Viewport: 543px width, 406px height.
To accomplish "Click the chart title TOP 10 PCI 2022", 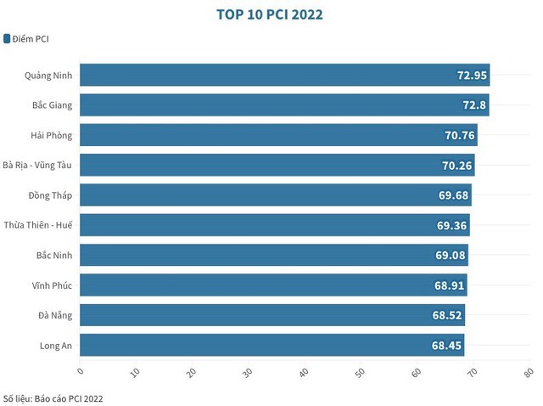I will click(271, 14).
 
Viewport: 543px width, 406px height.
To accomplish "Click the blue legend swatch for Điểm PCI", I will click(7, 38).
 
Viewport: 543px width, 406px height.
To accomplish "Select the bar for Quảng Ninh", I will click(284, 75).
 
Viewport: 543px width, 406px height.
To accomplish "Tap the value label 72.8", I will click(471, 105).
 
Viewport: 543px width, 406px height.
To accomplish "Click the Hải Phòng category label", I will click(51, 135).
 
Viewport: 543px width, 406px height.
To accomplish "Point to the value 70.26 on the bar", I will click(456, 166).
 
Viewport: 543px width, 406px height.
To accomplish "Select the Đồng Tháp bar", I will click(275, 195).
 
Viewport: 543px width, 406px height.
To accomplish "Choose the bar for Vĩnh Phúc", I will click(272, 285).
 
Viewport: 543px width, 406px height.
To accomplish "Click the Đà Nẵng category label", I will click(55, 315).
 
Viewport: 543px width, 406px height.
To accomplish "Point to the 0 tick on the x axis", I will click(81, 371).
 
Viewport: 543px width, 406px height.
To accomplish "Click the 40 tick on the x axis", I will click(305, 371).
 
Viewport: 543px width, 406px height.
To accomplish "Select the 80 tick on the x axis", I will click(529, 371).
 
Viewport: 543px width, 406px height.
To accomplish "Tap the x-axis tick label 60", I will click(417, 371).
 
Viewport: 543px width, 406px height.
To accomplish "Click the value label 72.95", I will click(472, 76).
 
